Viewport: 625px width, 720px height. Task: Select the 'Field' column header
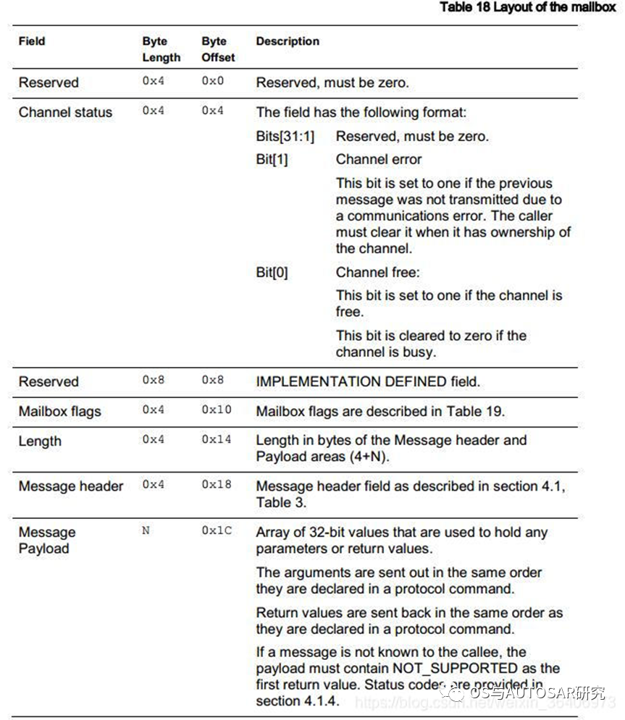point(32,41)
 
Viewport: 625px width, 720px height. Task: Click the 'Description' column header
point(288,41)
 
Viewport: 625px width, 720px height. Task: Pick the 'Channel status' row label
point(65,112)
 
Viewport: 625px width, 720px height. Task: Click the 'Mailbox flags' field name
point(59,411)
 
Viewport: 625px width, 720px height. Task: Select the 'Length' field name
point(40,441)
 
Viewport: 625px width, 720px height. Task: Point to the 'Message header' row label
point(70,486)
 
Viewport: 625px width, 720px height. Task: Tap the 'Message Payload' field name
point(47,540)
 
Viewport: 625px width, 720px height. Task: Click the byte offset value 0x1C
point(217,530)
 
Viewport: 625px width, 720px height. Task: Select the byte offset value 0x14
point(217,439)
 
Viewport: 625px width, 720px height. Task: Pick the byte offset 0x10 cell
point(217,410)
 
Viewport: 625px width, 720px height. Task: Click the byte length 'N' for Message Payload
point(146,530)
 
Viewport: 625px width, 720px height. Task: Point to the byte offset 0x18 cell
point(217,485)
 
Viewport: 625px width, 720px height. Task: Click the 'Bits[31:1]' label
point(285,136)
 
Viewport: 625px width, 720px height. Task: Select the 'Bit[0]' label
point(272,273)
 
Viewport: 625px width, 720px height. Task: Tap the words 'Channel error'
point(379,159)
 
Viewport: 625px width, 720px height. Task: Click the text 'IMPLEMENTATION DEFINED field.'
point(368,381)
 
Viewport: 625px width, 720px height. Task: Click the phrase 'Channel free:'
point(377,273)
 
